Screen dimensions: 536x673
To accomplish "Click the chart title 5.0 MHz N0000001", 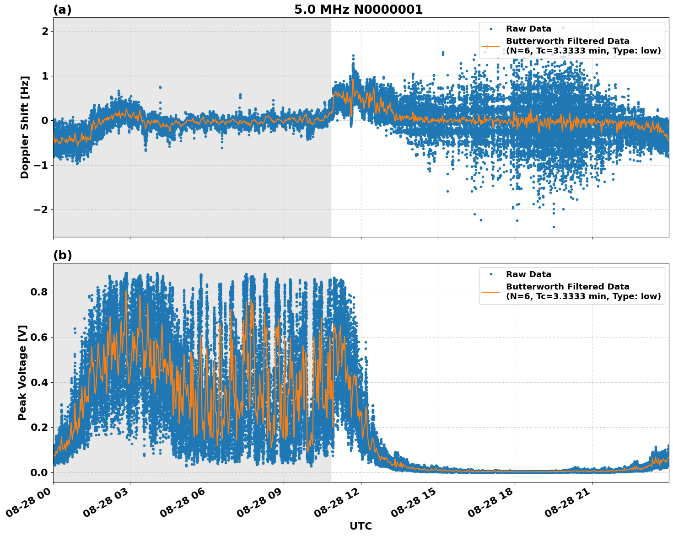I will click(358, 10).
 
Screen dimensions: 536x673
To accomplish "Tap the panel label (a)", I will click(62, 10).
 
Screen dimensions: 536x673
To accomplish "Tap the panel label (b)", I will click(63, 255).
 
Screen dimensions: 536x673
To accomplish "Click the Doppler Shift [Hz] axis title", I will click(25, 127).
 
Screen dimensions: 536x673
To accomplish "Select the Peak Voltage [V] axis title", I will click(22, 372).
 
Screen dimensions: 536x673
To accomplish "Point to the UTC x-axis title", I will click(361, 526).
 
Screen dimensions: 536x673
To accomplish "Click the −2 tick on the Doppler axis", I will click(40, 209).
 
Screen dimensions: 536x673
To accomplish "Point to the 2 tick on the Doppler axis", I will click(45, 31).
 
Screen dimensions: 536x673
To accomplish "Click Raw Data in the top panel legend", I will click(528, 29).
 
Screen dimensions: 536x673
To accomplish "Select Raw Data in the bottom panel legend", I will click(528, 274).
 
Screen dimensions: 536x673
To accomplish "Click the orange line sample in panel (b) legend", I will click(491, 291).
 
